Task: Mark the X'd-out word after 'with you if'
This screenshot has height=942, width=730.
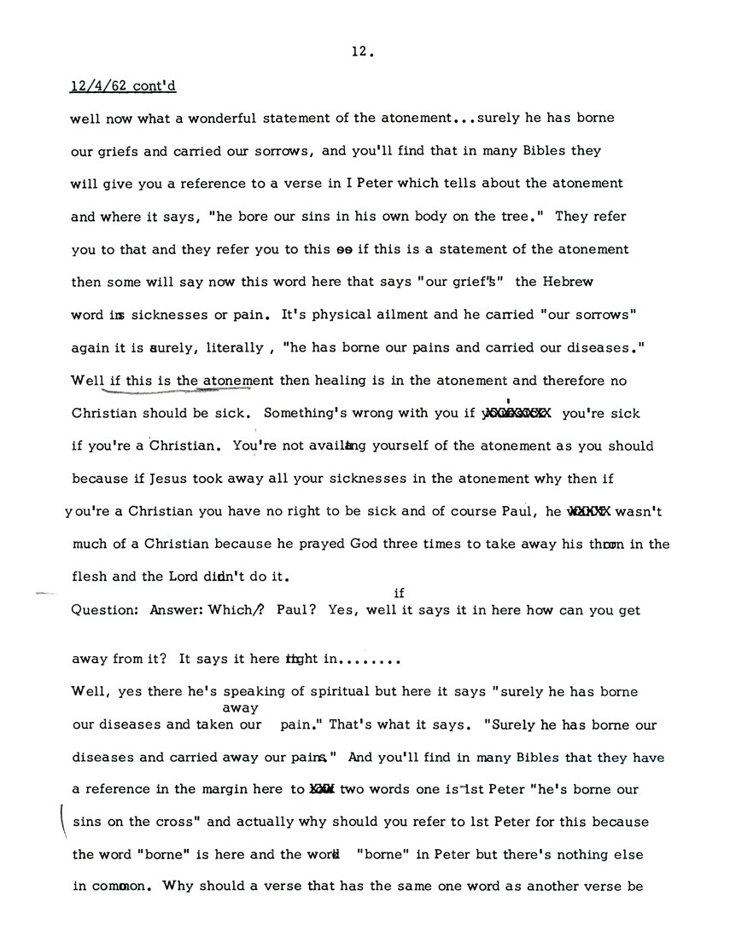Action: pos(517,413)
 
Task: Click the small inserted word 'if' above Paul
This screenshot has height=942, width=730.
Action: pos(399,591)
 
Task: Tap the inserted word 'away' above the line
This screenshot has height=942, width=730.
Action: pos(235,707)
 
